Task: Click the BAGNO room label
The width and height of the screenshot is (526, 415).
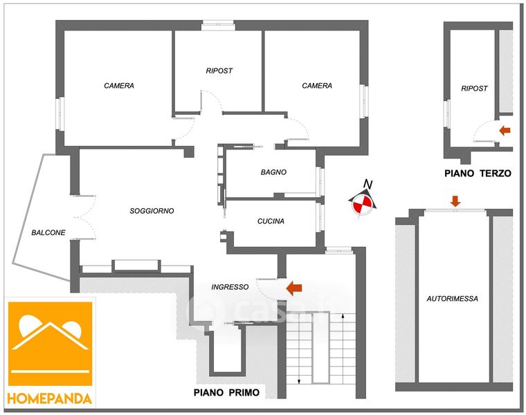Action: click(273, 172)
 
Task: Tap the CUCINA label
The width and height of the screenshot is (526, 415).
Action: click(271, 221)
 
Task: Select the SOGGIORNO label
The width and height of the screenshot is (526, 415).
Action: click(152, 211)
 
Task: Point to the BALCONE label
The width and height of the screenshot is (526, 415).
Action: click(48, 232)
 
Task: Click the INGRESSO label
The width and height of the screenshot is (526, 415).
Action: click(230, 287)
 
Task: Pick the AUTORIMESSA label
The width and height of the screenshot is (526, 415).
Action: click(452, 298)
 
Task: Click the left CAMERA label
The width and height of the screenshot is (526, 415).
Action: click(119, 86)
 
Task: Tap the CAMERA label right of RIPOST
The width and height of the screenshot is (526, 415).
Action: click(317, 86)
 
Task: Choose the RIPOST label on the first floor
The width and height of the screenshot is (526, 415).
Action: click(219, 71)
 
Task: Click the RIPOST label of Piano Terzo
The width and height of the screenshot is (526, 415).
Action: click(474, 89)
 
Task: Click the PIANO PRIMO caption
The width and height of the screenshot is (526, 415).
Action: click(226, 393)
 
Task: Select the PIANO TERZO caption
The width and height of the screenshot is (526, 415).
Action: click(478, 174)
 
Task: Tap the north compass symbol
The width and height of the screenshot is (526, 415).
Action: click(361, 203)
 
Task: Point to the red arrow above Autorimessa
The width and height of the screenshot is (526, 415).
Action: click(455, 201)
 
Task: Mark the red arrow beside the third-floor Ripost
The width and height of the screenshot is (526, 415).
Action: click(505, 129)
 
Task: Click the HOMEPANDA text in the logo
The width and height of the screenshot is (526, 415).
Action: click(50, 398)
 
